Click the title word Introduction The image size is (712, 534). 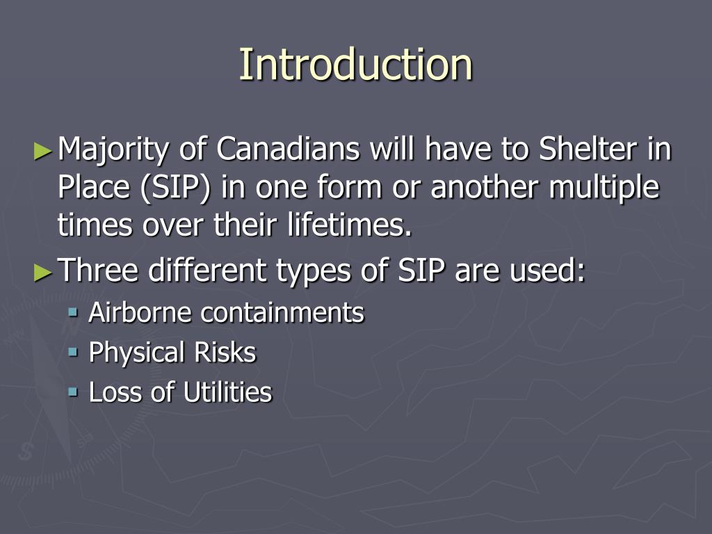(355, 64)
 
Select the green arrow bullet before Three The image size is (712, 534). (43, 271)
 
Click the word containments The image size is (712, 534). (282, 313)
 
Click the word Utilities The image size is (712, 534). (227, 392)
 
